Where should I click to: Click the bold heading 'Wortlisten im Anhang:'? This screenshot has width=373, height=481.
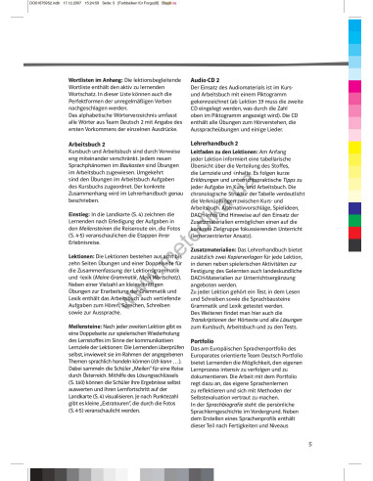70,47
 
